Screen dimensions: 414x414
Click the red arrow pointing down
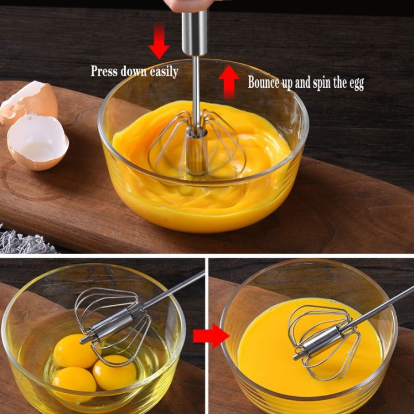coord(159,41)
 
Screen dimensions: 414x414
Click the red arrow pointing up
coord(229,81)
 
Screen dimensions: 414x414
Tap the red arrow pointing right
coord(210,336)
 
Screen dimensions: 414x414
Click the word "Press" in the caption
coord(104,72)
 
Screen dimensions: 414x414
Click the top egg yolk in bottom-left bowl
coord(75,351)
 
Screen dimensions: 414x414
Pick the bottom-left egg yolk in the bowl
coord(74,381)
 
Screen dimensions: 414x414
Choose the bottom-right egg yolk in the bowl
coord(114,373)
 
